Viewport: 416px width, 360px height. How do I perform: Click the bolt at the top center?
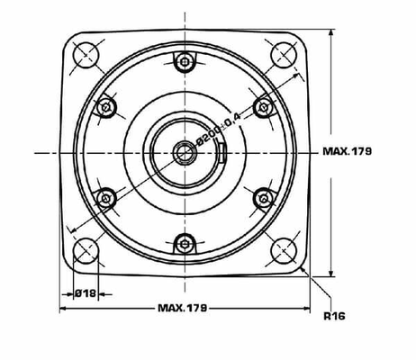185,62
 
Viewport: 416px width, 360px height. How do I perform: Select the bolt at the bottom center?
185,242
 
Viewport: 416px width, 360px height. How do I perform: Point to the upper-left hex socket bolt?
107,107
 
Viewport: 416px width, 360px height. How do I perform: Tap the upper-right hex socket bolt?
263,107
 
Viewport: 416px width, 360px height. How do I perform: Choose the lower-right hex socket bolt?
263,197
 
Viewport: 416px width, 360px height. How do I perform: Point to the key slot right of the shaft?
222,152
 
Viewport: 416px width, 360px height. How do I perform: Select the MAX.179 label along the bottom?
182,308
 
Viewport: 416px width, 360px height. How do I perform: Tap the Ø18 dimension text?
85,292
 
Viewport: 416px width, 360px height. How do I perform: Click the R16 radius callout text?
334,316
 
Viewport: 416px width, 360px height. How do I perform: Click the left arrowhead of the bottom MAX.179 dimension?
64,308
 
